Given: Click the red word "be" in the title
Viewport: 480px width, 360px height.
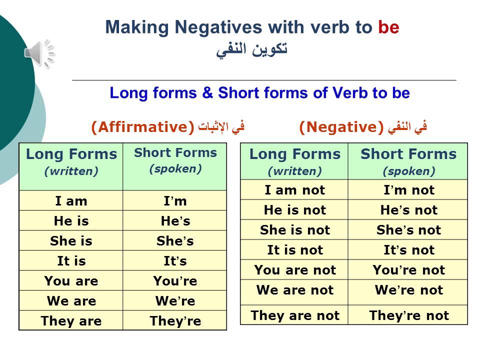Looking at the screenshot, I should [388, 27].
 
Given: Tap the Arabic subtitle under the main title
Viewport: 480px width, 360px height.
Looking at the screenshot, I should [252, 50].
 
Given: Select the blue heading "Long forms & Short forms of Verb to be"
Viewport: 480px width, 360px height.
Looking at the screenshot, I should [259, 93].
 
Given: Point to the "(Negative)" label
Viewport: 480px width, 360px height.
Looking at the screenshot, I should [340, 127].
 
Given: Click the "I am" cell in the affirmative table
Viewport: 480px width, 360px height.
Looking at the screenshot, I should [71, 201].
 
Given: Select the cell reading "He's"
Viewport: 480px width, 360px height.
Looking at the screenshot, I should [175, 221].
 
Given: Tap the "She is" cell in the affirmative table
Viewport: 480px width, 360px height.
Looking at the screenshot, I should [71, 241].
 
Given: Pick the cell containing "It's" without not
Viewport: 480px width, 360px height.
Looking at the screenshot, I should [175, 261].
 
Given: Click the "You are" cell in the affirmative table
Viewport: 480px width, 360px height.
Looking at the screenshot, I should [71, 281].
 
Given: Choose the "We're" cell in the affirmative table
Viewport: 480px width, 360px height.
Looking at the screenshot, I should [175, 301].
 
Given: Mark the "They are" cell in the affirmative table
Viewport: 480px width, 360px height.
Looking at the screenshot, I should [71, 321].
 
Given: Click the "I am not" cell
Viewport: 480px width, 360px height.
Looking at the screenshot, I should [294, 190].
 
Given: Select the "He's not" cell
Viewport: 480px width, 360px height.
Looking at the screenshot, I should [408, 210].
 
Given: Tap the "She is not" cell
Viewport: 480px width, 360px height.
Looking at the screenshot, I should [294, 230].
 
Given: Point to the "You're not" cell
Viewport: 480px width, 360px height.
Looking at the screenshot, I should [408, 270].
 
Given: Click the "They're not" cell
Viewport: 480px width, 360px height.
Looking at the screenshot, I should [408, 315].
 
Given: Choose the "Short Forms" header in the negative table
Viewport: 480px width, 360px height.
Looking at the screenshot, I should [408, 161].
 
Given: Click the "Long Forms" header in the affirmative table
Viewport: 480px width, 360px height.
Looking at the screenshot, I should [71, 161].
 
